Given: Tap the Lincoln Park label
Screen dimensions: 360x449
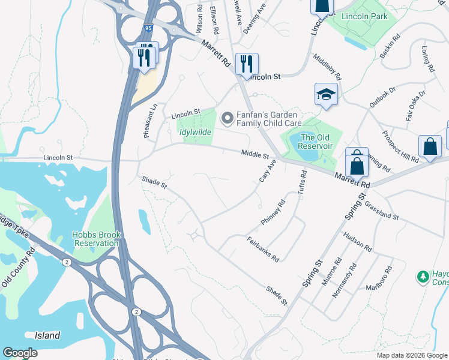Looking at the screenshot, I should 364,16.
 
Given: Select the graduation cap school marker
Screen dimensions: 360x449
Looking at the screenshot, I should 326,95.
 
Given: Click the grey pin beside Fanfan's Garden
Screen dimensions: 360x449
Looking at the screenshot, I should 227,118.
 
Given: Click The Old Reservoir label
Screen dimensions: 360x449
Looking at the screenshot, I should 316,142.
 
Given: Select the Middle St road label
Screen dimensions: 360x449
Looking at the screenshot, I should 255,155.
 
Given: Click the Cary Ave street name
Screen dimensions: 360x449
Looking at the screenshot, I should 267,172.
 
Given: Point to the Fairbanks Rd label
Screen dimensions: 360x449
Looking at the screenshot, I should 263,250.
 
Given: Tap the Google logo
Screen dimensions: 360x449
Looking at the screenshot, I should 20,353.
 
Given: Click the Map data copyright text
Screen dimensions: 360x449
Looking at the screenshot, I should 412,355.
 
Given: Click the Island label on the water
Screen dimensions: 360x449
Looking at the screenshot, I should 47,335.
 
